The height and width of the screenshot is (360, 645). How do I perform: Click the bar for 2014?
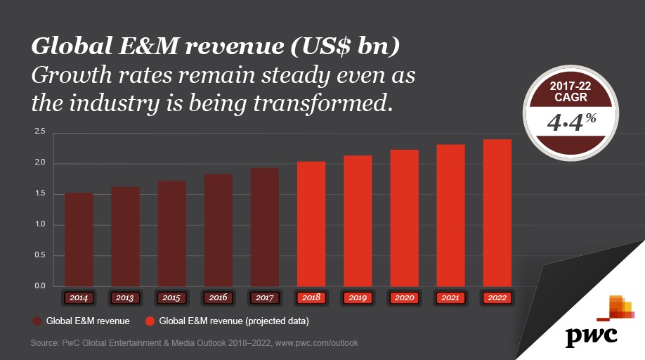tap(79, 239)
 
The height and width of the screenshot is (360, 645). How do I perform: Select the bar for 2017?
tap(264, 226)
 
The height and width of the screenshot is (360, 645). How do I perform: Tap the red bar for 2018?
tap(311, 224)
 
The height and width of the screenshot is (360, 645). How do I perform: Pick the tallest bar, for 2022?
tap(497, 212)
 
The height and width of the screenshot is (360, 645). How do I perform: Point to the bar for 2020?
tap(404, 218)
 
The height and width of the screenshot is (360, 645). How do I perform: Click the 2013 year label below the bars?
tap(125, 298)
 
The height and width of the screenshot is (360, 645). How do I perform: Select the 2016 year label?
tap(218, 298)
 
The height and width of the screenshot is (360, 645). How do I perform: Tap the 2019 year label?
tap(358, 298)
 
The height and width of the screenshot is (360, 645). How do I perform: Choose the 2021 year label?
tap(450, 298)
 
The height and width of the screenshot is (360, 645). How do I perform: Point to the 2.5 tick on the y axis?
tap(39, 131)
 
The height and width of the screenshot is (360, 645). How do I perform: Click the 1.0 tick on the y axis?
tap(39, 225)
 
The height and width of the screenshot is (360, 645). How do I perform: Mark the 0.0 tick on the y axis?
tap(39, 286)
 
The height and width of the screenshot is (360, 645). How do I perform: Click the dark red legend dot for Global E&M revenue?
tap(37, 321)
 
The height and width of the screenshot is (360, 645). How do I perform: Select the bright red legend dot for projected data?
tap(150, 321)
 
